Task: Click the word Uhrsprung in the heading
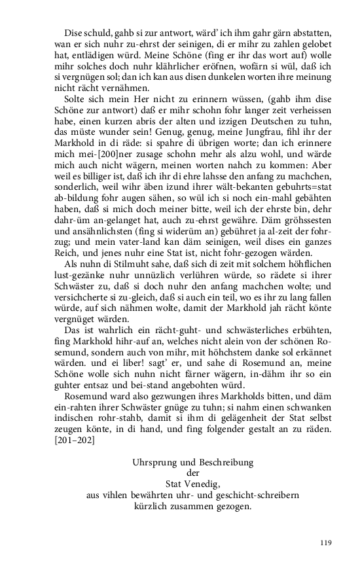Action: [152, 462]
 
